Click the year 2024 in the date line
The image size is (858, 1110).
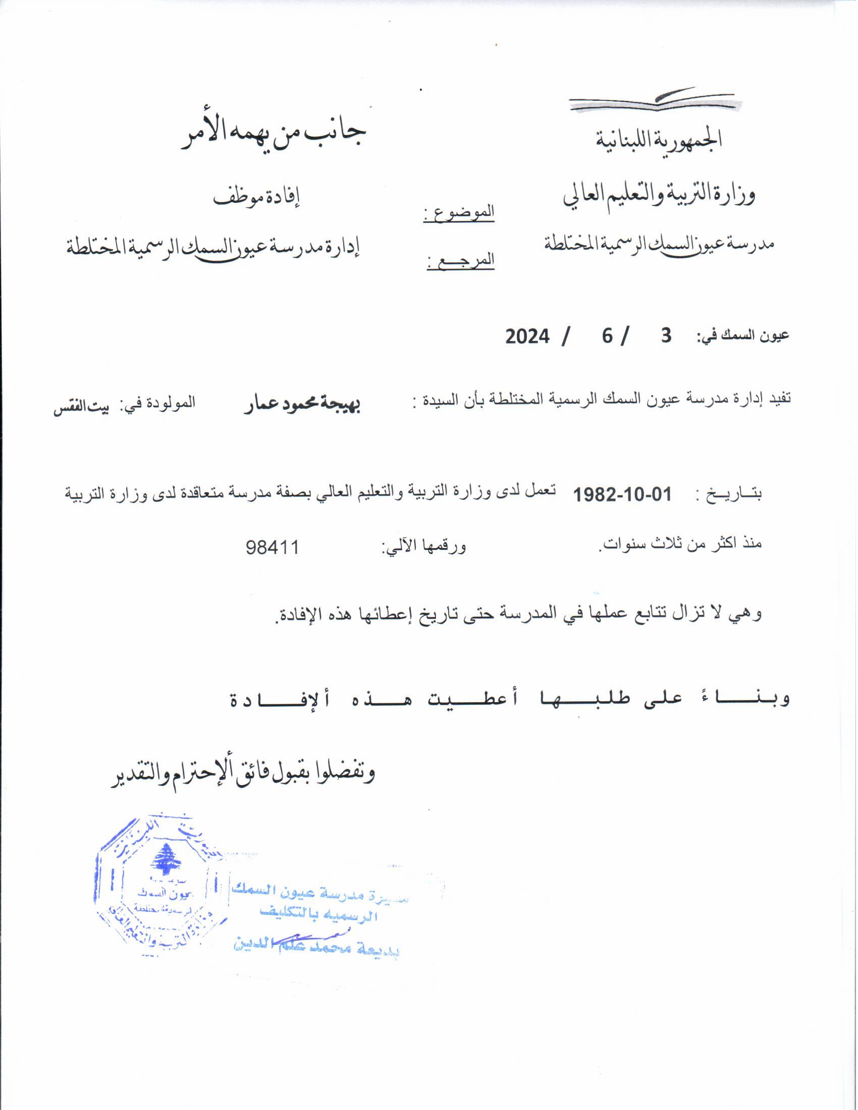click(x=527, y=337)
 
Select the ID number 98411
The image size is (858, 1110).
click(x=273, y=547)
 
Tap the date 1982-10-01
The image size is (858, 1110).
click(x=622, y=494)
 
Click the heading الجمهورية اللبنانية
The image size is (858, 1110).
click(x=659, y=139)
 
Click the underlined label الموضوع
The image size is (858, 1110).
click(x=459, y=213)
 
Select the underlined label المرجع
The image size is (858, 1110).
click(x=460, y=261)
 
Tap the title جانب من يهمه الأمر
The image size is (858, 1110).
click(x=274, y=136)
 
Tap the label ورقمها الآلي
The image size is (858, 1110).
click(x=424, y=547)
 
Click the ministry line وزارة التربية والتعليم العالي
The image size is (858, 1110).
click(x=659, y=195)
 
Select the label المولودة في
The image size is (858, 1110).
click(x=157, y=404)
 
